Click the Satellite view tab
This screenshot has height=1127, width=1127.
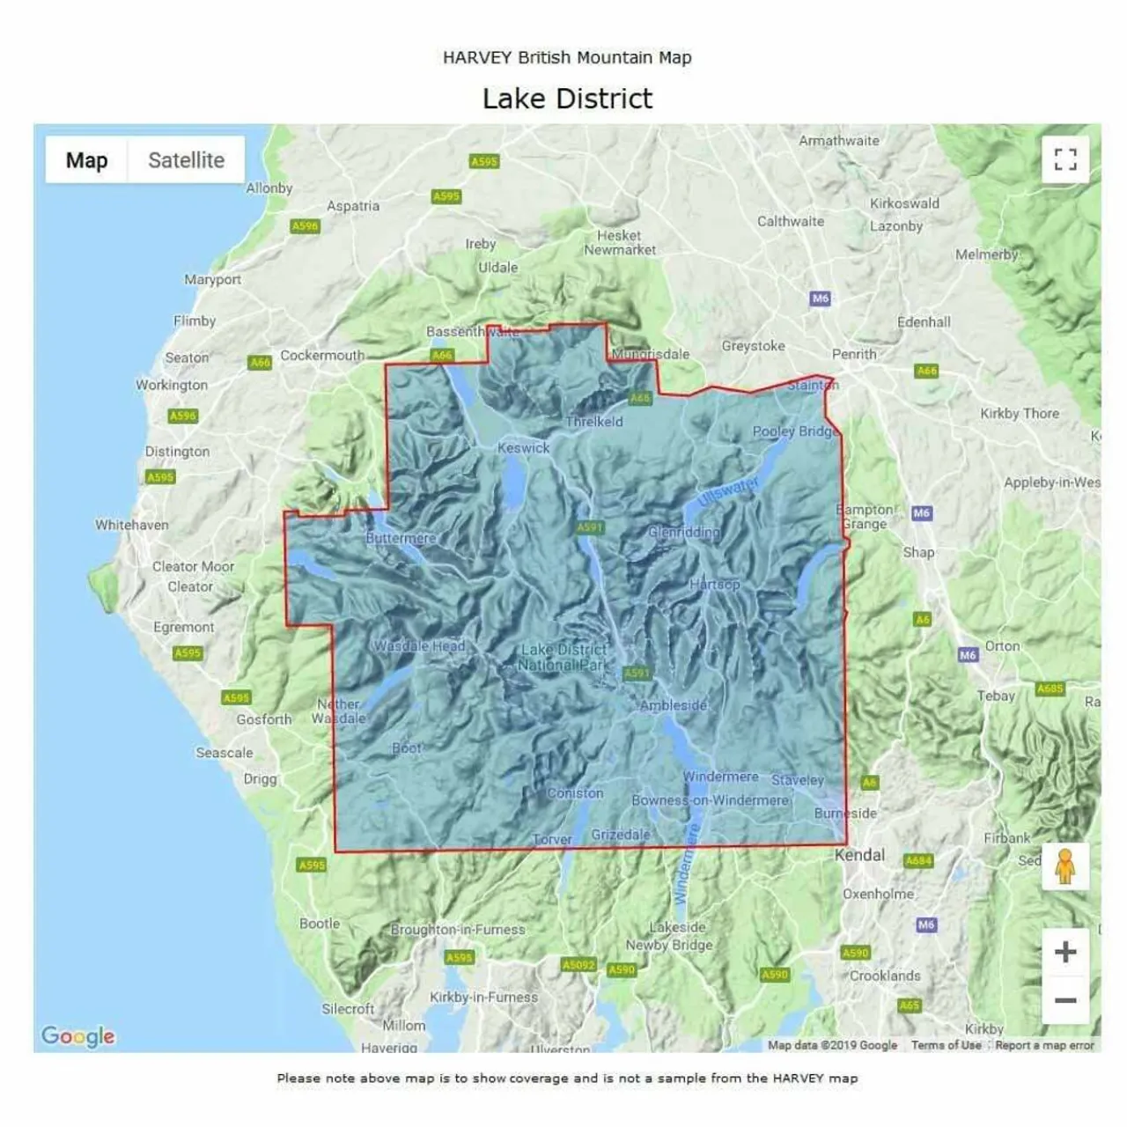coord(186,160)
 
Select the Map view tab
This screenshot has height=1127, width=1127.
coord(86,160)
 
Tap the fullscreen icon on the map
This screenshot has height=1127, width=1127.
coord(1065,159)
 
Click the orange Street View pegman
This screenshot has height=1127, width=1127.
coord(1065,866)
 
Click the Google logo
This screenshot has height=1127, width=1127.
coord(77,1036)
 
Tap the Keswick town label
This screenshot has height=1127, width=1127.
coord(523,447)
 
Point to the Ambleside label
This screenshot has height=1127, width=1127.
coord(674,705)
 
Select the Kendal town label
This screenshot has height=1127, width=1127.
coord(859,855)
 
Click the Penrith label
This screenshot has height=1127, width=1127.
coord(854,354)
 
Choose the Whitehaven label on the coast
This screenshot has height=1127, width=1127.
coord(132,525)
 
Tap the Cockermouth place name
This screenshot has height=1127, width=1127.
coord(322,356)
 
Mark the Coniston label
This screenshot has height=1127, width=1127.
coord(575,792)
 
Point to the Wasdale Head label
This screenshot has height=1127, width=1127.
coord(419,645)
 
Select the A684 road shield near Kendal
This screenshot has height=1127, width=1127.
coord(918,860)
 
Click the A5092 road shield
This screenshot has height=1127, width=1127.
coord(578,965)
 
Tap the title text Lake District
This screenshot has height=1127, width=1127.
coord(567,99)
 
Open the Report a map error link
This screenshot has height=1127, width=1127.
coord(1044,1045)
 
